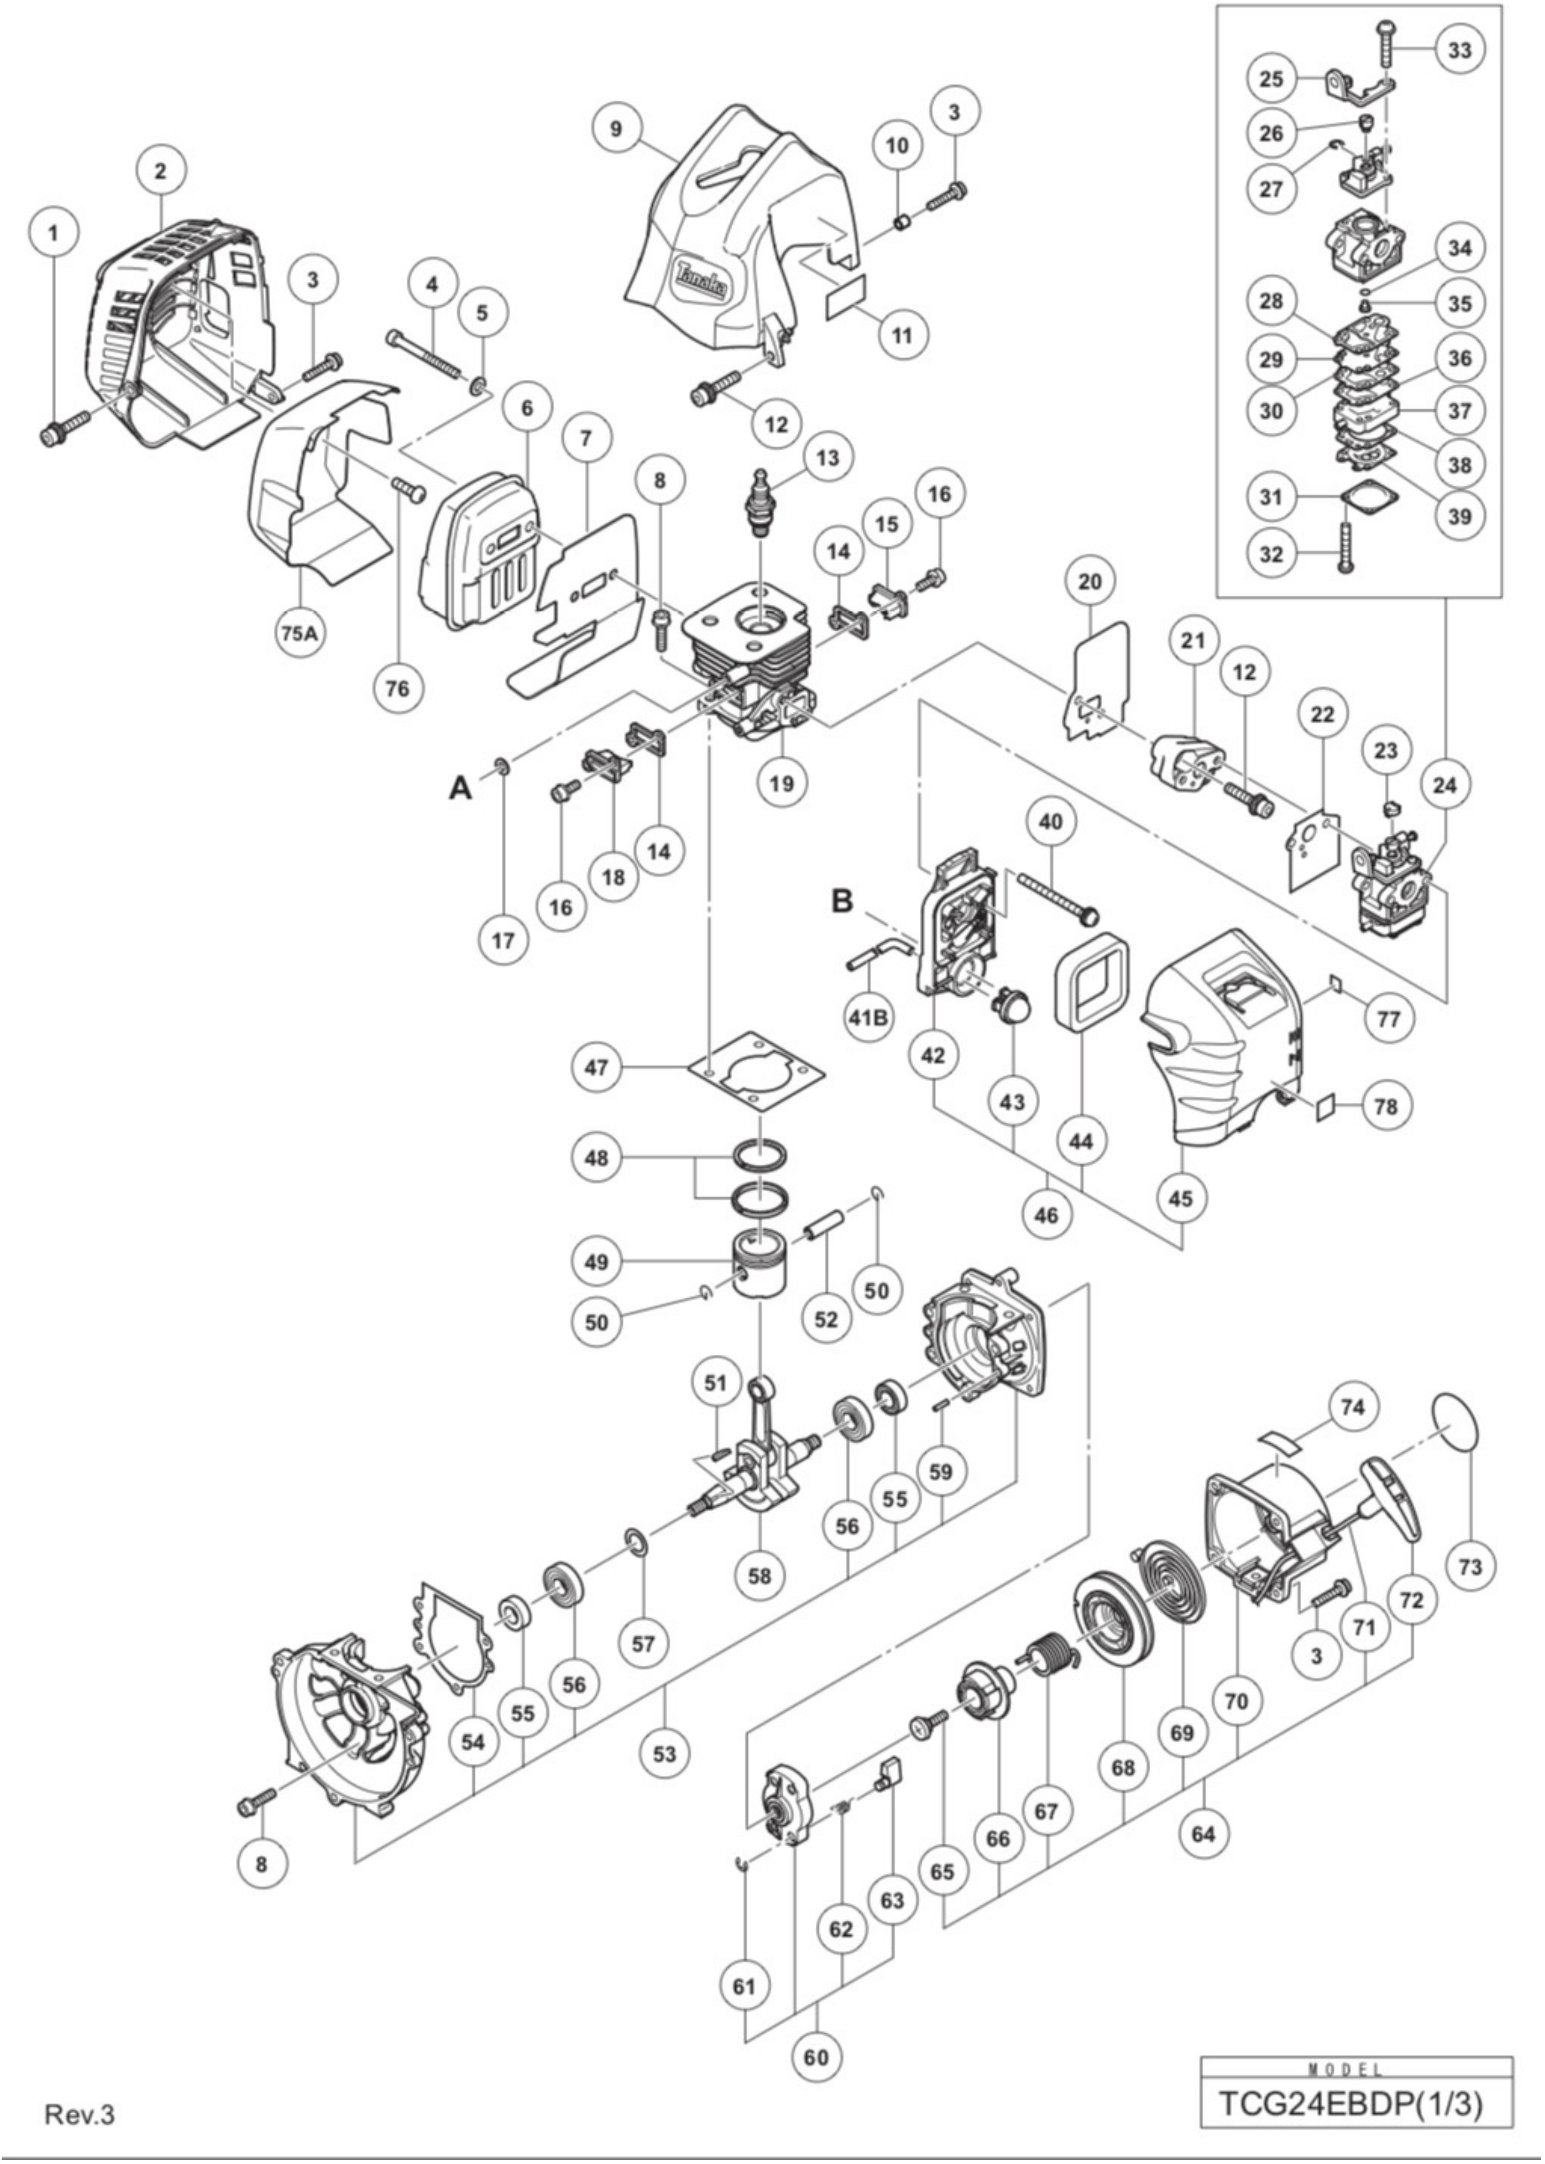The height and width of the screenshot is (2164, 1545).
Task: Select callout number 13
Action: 828,458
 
